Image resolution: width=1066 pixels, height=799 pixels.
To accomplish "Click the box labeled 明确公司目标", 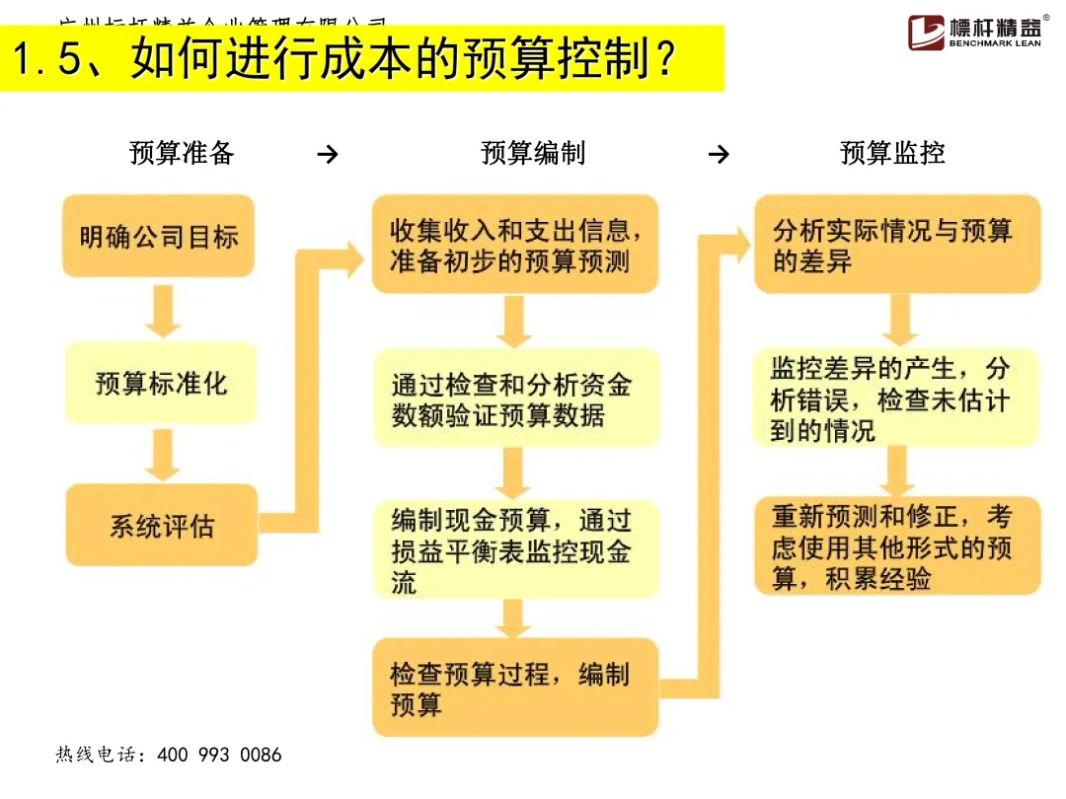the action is tap(158, 237).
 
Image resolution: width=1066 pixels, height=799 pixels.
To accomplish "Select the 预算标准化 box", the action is tap(161, 383).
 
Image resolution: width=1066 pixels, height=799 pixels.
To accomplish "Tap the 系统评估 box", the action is tap(161, 525).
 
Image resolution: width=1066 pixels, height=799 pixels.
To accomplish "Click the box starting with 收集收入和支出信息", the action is tap(514, 246).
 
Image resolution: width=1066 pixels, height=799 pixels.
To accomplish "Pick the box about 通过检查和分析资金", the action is tap(514, 399).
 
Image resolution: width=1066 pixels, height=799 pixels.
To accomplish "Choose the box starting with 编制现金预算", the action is tap(514, 550).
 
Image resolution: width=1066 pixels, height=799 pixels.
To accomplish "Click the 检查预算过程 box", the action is tap(514, 689).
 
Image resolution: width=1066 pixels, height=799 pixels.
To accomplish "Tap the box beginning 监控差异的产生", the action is tap(896, 399).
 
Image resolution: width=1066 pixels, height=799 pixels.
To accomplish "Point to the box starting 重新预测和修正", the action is tap(896, 546).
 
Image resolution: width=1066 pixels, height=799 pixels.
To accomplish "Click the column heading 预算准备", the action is tap(182, 153).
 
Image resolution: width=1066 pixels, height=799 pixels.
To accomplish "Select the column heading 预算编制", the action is tap(533, 153).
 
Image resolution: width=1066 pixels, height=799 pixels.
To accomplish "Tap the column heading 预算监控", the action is tap(892, 153).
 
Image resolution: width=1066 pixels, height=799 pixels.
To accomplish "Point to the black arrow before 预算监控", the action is tap(720, 155).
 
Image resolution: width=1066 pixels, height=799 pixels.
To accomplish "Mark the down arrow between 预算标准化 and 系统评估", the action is tap(162, 454).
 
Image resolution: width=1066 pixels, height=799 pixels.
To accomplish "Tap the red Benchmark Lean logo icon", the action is tap(926, 33).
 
